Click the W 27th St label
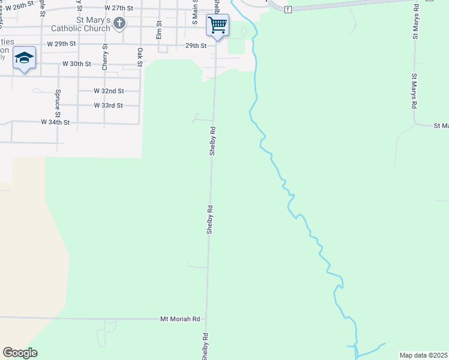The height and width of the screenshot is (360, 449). (118, 8)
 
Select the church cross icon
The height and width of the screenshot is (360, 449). (119, 24)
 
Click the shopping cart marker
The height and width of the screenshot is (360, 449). (217, 26)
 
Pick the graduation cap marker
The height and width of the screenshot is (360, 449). (24, 58)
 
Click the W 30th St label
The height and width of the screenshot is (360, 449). (76, 64)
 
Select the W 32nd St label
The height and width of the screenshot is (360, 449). (109, 91)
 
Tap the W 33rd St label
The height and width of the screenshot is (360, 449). (108, 106)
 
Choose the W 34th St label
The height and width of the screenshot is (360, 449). (55, 122)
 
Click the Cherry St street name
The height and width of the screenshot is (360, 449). (105, 58)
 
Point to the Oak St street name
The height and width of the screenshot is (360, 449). (139, 57)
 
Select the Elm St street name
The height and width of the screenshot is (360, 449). (159, 30)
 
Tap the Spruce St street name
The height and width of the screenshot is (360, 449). (58, 103)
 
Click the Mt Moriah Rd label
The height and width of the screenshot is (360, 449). (180, 319)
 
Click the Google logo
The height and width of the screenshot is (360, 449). (20, 353)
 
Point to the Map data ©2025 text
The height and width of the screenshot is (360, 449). (423, 355)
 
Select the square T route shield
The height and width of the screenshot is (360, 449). (288, 10)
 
